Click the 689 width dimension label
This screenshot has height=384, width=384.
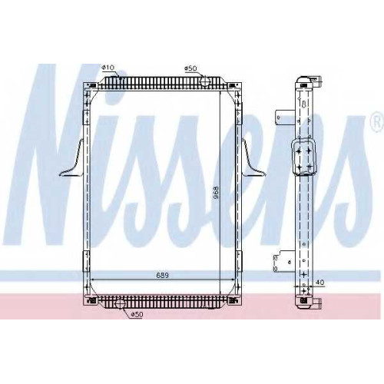coord(162,276)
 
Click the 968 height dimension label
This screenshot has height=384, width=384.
coord(217,194)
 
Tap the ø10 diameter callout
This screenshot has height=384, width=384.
coord(108,68)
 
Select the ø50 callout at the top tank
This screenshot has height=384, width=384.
coord(190,68)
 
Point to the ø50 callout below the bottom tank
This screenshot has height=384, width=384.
coord(136,315)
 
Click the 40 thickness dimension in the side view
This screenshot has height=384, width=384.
coord(320,282)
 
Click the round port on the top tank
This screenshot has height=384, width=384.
coord(205,81)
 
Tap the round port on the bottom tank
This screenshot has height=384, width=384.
coord(120,304)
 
